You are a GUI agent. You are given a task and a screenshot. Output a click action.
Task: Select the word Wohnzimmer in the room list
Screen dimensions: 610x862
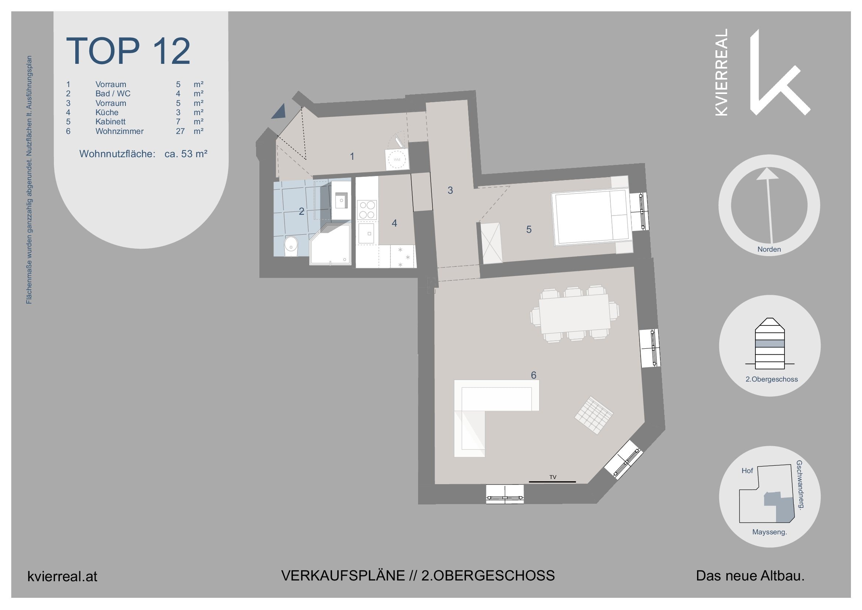(x=119, y=131)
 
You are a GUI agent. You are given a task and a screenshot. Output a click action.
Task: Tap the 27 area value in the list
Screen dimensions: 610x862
(x=180, y=131)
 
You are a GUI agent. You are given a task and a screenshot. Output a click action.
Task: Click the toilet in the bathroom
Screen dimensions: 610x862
(x=291, y=246)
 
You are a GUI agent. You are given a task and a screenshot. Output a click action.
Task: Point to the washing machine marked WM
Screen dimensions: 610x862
(x=397, y=160)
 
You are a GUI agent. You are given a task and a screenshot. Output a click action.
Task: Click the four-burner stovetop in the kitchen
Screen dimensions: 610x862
(x=366, y=210)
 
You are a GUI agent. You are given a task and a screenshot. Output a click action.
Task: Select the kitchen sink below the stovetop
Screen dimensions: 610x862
(x=366, y=234)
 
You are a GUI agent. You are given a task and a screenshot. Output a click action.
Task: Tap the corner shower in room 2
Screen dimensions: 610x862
(x=331, y=245)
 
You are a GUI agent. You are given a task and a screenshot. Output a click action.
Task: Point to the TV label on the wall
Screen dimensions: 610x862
(x=552, y=477)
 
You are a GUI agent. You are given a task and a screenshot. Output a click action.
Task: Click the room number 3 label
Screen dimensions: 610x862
(x=450, y=190)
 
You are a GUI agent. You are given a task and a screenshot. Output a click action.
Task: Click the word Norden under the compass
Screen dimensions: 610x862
(x=769, y=249)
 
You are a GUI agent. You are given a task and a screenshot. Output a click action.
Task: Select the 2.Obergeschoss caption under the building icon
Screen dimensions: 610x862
(x=771, y=379)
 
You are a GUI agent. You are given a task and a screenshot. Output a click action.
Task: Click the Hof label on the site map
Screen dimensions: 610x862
(x=747, y=471)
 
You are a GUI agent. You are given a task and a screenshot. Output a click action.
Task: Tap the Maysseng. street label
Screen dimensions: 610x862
(x=769, y=532)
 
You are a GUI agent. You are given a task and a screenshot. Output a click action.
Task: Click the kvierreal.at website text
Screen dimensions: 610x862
(x=62, y=576)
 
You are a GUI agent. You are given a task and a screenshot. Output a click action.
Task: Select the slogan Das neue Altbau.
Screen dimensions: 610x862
(x=750, y=576)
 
